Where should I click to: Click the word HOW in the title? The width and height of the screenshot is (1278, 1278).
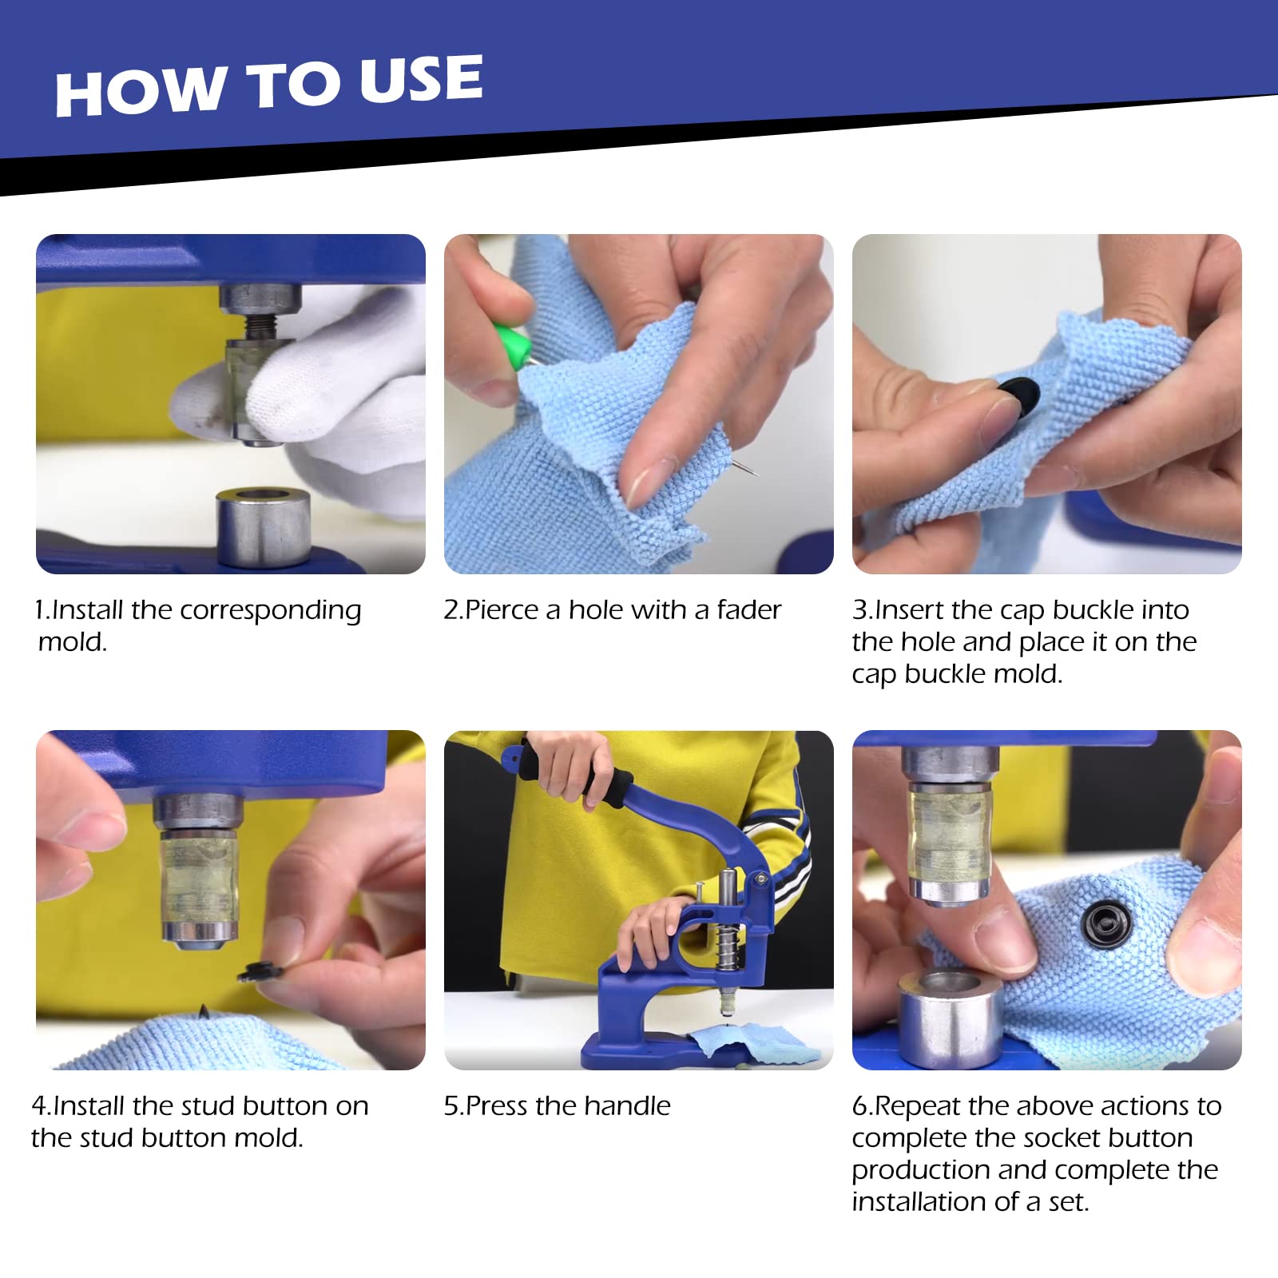point(141,92)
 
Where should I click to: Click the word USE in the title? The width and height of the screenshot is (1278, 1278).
point(421,80)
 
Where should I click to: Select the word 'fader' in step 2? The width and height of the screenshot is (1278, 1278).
point(748,610)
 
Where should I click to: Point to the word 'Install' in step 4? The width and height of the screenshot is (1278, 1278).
point(89,1106)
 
